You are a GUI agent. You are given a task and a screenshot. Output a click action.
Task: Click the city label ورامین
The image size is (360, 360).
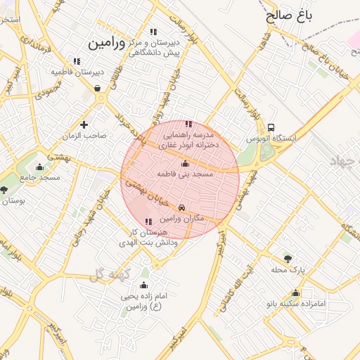(x=105, y=43)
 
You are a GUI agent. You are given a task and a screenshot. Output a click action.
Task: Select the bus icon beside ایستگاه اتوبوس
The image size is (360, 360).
(x=271, y=127)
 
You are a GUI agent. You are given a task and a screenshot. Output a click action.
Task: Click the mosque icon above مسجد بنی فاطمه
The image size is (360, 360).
(x=185, y=163)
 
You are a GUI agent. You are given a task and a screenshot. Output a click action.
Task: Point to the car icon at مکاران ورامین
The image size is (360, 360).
(x=182, y=207)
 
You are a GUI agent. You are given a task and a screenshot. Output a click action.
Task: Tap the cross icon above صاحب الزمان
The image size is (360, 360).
(x=84, y=124)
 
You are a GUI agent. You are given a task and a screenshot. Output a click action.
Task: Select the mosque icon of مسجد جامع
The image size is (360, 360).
(x=39, y=167)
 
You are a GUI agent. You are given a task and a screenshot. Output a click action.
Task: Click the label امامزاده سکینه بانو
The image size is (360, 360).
(x=295, y=304)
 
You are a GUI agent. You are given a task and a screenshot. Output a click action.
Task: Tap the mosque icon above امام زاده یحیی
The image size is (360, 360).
(x=143, y=285)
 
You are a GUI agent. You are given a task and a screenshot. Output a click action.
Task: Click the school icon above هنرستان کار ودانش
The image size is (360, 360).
(x=146, y=222)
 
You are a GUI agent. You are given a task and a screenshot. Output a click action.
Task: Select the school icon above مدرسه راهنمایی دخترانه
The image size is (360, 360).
(x=187, y=124)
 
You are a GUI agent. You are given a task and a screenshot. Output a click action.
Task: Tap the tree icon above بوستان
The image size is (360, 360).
(x=4, y=190)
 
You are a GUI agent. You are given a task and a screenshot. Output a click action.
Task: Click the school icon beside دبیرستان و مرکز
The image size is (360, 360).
(x=153, y=32)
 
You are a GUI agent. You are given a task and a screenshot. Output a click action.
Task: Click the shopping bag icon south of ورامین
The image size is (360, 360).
(x=96, y=88)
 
